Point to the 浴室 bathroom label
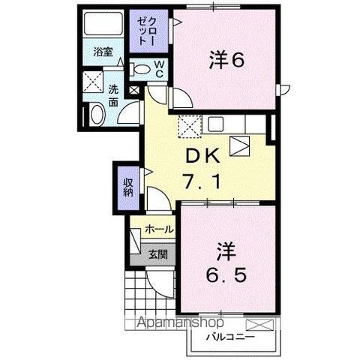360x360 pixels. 103,52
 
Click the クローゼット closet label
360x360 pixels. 142,33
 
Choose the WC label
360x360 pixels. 160,69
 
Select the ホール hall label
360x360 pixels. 159,229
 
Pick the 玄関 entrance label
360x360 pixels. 157,253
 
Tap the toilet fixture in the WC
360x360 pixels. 142,69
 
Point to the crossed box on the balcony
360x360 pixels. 259,325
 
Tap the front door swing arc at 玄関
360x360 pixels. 159,283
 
